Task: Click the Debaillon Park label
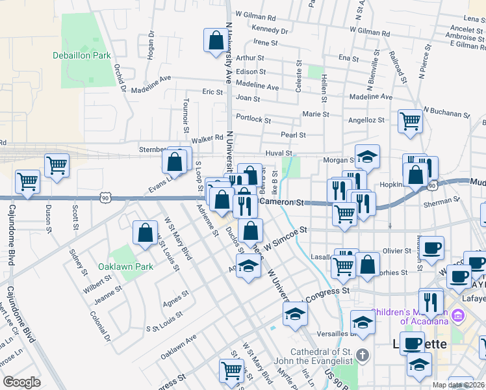tap(82, 56)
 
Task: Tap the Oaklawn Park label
tap(125, 266)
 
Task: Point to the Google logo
tap(21, 382)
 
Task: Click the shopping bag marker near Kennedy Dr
tap(215, 41)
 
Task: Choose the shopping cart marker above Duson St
tap(57, 166)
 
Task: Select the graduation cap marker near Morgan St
tap(367, 156)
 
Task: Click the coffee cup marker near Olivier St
tap(432, 248)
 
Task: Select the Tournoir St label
tap(186, 114)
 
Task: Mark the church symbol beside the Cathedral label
tap(363, 356)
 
